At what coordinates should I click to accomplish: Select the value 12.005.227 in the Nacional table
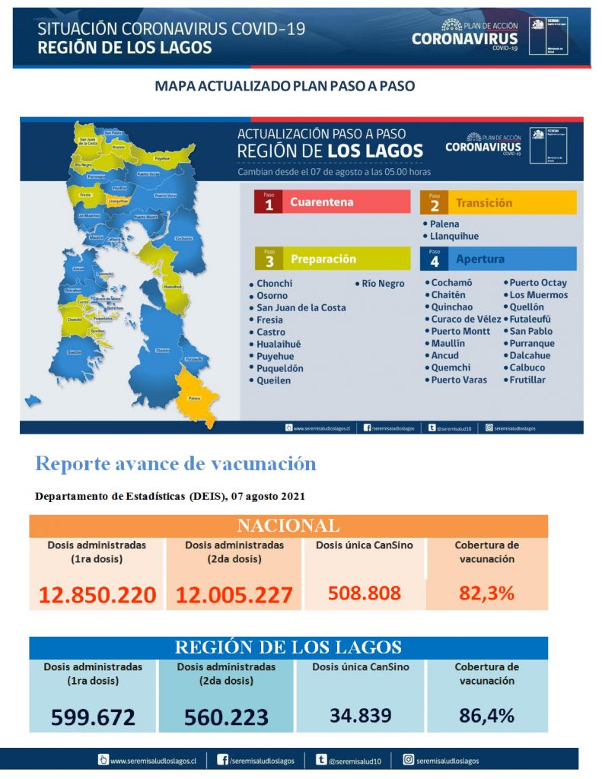tap(234, 595)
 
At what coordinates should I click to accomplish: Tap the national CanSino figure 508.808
tap(364, 593)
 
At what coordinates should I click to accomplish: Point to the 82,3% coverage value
tap(486, 593)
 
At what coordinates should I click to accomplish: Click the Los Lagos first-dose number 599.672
tap(93, 717)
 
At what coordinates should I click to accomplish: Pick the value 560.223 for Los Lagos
tap(226, 717)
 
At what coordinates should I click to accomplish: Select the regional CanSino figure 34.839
tap(361, 715)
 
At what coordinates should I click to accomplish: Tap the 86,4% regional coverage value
tap(486, 715)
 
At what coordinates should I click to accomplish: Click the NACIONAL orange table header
tap(288, 526)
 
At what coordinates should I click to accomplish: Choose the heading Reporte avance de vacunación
tap(175, 463)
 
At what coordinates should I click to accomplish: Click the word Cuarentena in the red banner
tap(321, 202)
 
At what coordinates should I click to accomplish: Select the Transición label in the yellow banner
tap(483, 203)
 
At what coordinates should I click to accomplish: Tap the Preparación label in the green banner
tap(323, 259)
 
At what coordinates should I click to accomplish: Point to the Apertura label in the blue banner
tap(479, 259)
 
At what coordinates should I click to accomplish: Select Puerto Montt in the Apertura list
tap(460, 332)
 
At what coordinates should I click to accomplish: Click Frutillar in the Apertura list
tap(527, 380)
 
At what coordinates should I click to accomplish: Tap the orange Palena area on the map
tap(196, 393)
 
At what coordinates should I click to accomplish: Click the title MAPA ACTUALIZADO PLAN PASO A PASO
tap(285, 86)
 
